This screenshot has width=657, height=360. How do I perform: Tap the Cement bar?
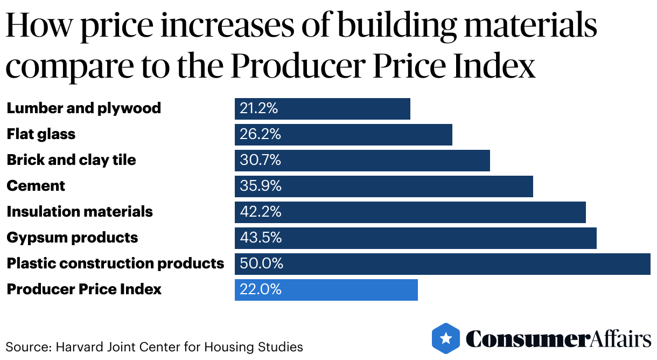click(x=383, y=186)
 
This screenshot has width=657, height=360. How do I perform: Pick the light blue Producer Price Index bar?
click(x=326, y=289)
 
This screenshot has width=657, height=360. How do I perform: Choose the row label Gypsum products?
click(x=72, y=238)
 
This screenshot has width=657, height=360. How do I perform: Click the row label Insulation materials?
click(x=80, y=212)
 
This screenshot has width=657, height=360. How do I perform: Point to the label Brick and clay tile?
click(x=71, y=160)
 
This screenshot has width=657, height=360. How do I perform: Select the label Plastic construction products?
click(x=115, y=264)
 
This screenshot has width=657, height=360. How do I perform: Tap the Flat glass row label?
click(x=41, y=134)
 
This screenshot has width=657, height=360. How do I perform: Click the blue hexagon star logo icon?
click(x=446, y=338)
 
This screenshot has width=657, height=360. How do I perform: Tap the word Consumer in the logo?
click(x=526, y=339)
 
